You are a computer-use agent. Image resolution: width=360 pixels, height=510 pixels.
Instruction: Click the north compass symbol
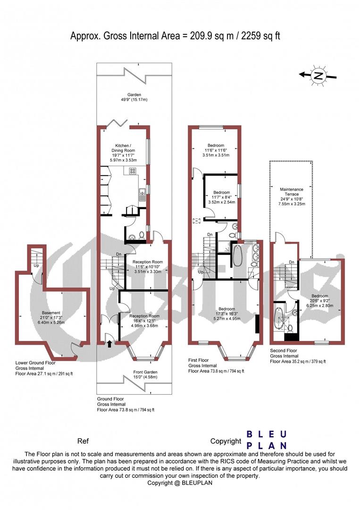[x=319, y=75]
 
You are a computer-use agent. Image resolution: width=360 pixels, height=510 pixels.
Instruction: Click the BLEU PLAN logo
[x=267, y=440]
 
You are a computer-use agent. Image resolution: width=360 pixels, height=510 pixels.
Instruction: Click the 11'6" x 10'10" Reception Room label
[x=148, y=267]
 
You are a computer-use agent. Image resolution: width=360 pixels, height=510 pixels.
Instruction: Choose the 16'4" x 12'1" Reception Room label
[x=148, y=320]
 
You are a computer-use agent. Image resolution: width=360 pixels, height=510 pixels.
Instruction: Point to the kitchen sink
[x=141, y=193]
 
